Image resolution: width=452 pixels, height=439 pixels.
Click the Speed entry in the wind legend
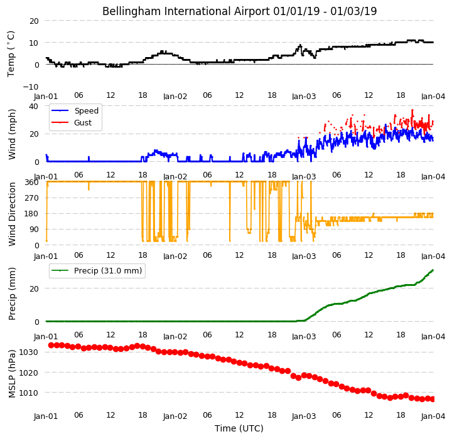pos(87,110)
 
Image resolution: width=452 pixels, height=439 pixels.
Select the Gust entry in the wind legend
pos(83,123)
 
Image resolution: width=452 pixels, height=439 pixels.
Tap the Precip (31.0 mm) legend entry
pos(108,271)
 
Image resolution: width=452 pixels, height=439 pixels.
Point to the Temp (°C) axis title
pos(11,54)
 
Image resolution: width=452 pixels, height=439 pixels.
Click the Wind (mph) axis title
pos(12,134)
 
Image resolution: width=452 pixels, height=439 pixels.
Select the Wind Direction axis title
pos(12,214)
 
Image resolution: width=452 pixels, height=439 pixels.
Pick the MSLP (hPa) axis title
pos(12,374)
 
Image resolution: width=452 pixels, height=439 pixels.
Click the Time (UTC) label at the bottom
pos(239,428)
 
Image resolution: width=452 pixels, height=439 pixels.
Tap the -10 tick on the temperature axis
pos(31,87)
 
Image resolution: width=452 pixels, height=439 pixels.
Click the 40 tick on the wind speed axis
pos(34,106)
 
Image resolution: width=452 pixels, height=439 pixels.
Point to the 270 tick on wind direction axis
pos(31,198)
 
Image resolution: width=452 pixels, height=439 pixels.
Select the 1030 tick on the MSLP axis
pos(29,352)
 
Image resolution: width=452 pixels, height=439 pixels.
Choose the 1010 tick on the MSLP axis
pos(29,393)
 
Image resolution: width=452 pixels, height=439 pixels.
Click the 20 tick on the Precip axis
pos(34,288)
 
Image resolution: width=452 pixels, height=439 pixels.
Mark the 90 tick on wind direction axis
pos(34,230)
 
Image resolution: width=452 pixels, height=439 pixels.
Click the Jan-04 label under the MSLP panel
pos(433,416)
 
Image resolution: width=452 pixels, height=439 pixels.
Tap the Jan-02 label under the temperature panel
pos(175,96)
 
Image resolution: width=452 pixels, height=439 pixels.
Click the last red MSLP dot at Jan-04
pos(433,399)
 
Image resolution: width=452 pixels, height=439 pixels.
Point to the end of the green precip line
pos(433,270)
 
